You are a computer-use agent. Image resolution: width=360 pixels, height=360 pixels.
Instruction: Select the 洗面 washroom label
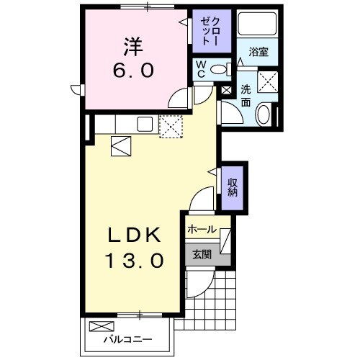246,96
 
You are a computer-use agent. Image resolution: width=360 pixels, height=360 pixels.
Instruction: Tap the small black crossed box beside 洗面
227,91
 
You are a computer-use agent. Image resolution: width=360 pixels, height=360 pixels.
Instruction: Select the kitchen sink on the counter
143,124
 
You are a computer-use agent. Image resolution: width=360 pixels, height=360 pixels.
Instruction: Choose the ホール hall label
201,229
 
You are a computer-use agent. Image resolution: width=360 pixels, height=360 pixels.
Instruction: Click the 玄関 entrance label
201,253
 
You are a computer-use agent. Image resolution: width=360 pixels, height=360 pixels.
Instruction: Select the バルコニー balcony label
127,337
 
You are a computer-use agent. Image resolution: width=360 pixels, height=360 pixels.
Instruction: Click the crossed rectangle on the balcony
99,325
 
